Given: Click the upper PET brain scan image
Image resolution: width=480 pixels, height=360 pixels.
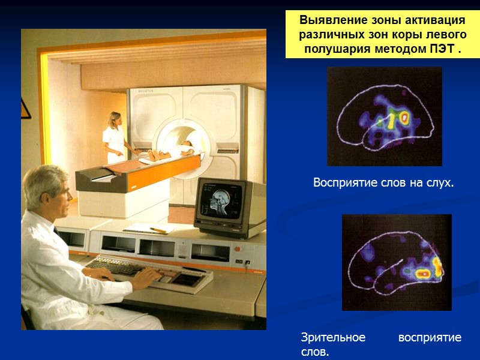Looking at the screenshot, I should click(x=384, y=116).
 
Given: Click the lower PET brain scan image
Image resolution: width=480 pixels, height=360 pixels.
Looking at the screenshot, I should click(x=396, y=262).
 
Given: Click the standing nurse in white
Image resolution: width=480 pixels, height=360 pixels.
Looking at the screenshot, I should click(x=114, y=138).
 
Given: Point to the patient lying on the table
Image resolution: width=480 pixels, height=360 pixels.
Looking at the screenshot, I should click(x=171, y=151).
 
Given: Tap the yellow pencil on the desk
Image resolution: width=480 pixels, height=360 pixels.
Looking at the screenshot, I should click(x=158, y=229).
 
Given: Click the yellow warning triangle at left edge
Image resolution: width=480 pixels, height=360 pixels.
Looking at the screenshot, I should click(x=25, y=108).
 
